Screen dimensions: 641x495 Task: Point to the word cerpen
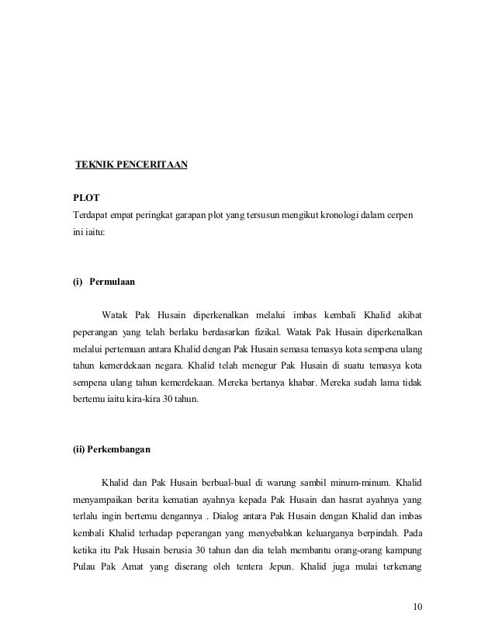point(401,214)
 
